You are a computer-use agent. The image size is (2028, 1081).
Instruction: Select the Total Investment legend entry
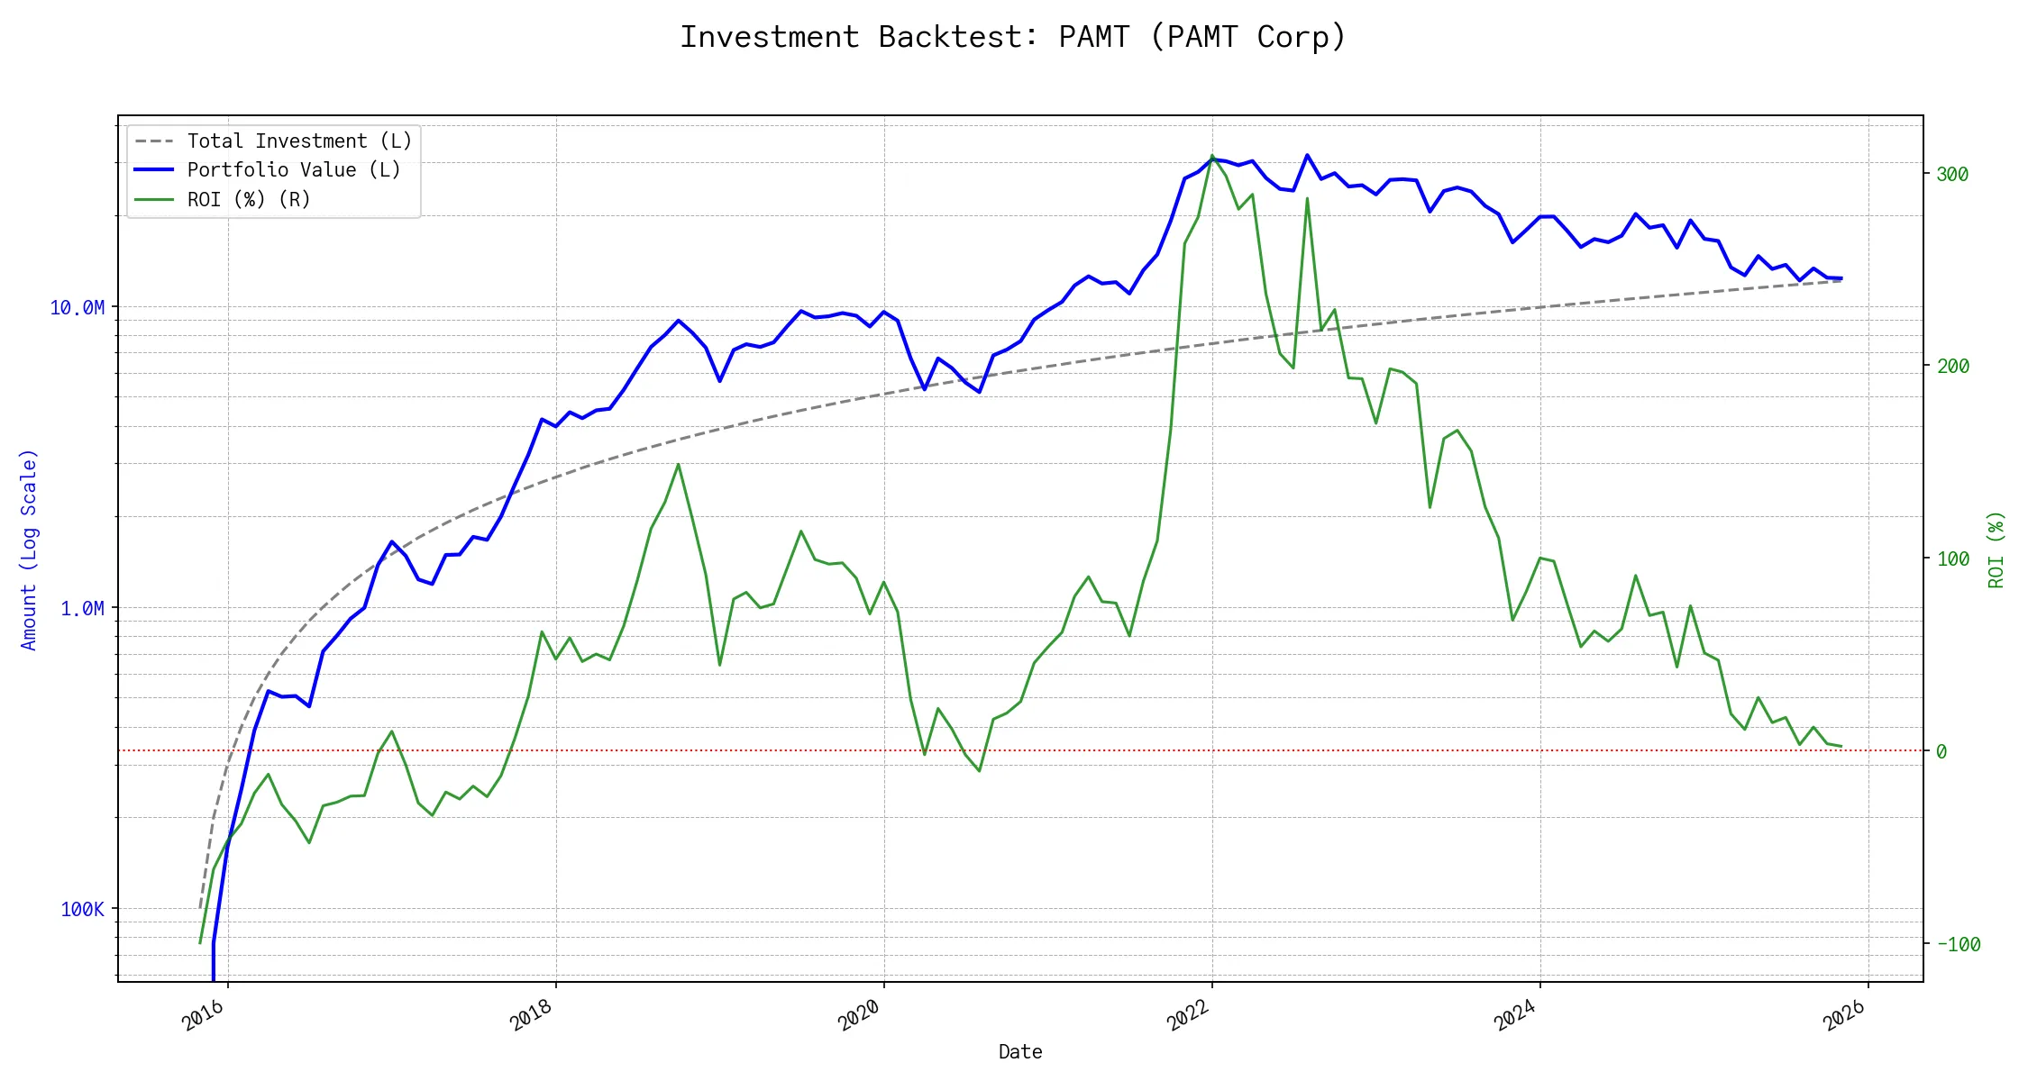tap(298, 141)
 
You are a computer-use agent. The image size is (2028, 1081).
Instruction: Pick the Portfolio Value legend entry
tap(293, 170)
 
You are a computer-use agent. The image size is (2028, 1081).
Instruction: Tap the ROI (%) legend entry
tap(248, 200)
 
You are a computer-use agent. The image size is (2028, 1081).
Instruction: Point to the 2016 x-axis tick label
tap(204, 1015)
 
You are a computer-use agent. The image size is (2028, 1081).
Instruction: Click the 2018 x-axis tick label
tap(532, 1015)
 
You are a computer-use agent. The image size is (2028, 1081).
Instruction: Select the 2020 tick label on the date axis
tap(860, 1015)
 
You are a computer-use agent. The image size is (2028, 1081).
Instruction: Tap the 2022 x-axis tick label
tap(1188, 1015)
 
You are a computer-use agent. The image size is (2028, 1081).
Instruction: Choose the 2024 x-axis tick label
tap(1516, 1015)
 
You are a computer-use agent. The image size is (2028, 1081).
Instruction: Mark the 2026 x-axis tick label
tap(1844, 1015)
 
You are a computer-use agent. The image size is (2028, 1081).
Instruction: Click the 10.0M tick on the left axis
tap(78, 308)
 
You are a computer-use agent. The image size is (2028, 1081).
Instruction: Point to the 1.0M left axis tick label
tap(83, 609)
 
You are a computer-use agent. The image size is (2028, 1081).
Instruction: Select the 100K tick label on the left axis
tap(83, 910)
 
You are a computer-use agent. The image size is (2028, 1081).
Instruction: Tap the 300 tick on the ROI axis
tap(1952, 175)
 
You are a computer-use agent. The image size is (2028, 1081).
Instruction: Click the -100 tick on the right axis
tap(1959, 945)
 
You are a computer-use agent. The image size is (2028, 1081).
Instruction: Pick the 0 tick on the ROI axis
tap(1941, 752)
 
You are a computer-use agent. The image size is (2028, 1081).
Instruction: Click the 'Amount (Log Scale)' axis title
tap(29, 550)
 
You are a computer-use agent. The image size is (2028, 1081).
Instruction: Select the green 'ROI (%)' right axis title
tap(1996, 550)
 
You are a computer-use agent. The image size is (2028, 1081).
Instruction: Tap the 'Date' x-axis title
tap(1020, 1052)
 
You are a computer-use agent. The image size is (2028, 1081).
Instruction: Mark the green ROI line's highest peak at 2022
tap(1212, 156)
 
